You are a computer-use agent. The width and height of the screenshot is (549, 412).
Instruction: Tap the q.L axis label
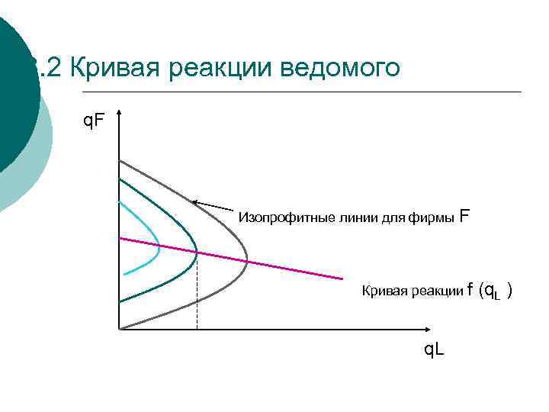[x=435, y=350]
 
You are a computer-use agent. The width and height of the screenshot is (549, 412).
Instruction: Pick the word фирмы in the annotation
[x=433, y=217]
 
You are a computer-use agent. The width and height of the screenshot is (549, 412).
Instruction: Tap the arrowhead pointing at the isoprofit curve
[x=195, y=201]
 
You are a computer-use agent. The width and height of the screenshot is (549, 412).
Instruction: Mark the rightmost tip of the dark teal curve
[x=197, y=251]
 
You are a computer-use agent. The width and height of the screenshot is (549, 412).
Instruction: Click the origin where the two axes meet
[x=119, y=330]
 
